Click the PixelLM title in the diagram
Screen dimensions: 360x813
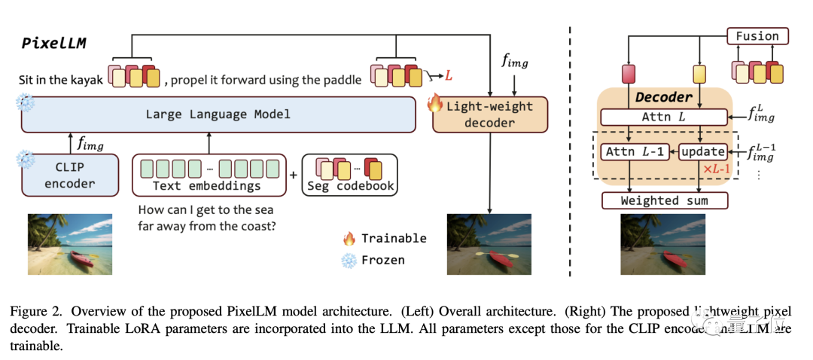(x=54, y=42)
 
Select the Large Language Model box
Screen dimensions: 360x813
(x=218, y=114)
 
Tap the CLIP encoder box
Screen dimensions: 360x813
(x=70, y=175)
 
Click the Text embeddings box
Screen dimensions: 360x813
(x=209, y=175)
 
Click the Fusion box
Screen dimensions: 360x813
(x=757, y=35)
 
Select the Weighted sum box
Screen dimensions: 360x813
(x=665, y=200)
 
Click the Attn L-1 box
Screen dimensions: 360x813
(x=632, y=152)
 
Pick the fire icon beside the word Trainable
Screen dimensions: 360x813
(x=349, y=239)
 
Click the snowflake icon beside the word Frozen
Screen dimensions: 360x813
(x=349, y=261)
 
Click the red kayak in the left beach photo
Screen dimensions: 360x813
(x=81, y=258)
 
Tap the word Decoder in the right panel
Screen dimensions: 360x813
(x=663, y=97)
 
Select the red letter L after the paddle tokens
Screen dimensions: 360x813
(x=449, y=75)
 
